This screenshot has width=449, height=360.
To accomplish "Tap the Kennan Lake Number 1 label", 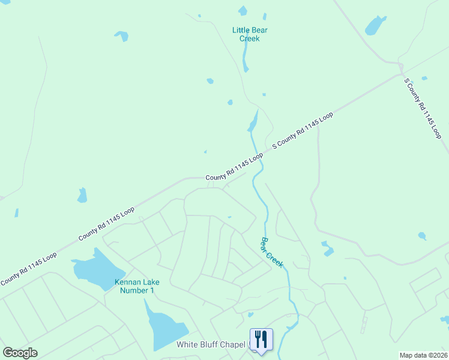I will [135, 286].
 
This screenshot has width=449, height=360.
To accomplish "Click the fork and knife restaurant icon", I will [261, 339].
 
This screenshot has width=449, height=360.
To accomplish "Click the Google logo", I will [20, 352].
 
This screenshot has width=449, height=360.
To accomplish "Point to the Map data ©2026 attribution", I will [423, 355].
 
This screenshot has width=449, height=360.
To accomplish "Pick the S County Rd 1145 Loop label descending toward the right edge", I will [423, 109].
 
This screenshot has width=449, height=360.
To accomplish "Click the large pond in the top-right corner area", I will [375, 26].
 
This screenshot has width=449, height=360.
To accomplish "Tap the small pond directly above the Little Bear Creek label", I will [243, 10].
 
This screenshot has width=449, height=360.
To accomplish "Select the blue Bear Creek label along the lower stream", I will [271, 252].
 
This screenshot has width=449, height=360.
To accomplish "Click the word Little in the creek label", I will [241, 30].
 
